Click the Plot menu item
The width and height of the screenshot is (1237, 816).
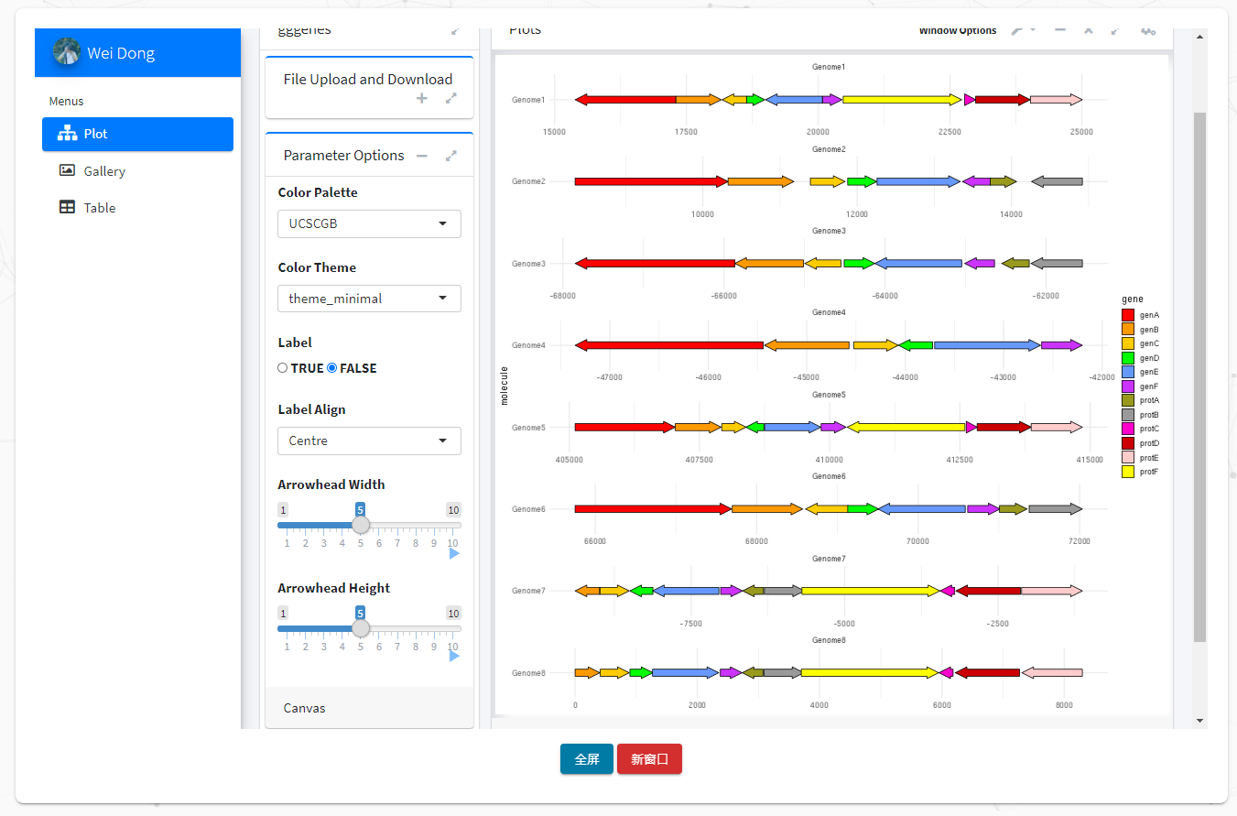pyautogui.click(x=137, y=134)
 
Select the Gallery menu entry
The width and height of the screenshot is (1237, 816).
pyautogui.click(x=103, y=171)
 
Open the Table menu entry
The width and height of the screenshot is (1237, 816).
pyautogui.click(x=99, y=208)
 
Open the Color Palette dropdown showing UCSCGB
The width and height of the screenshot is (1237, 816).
pyautogui.click(x=369, y=223)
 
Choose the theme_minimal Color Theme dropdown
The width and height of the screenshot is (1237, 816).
pyautogui.click(x=369, y=299)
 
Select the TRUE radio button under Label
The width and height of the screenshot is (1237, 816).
pyautogui.click(x=283, y=368)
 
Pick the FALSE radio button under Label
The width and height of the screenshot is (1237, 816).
pyautogui.click(x=332, y=368)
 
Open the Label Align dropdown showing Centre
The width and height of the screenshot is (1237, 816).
pyautogui.click(x=369, y=441)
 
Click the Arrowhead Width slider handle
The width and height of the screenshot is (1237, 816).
pyautogui.click(x=361, y=525)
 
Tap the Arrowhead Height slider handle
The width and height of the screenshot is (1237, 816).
pyautogui.click(x=361, y=628)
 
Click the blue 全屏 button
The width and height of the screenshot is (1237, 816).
pyautogui.click(x=587, y=759)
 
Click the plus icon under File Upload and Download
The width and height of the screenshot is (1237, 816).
pyautogui.click(x=422, y=98)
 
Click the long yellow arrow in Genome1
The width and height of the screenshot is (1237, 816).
pyautogui.click(x=902, y=100)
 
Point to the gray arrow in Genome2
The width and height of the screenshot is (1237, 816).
pyautogui.click(x=1058, y=181)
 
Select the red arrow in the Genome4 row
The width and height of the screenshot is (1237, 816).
pyautogui.click(x=669, y=345)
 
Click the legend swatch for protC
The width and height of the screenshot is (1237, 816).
pyautogui.click(x=1128, y=429)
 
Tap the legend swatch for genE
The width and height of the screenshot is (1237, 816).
pyautogui.click(x=1128, y=372)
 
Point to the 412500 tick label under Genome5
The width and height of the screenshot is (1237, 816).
pyautogui.click(x=960, y=460)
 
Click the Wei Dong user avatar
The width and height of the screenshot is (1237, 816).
pyautogui.click(x=67, y=52)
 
